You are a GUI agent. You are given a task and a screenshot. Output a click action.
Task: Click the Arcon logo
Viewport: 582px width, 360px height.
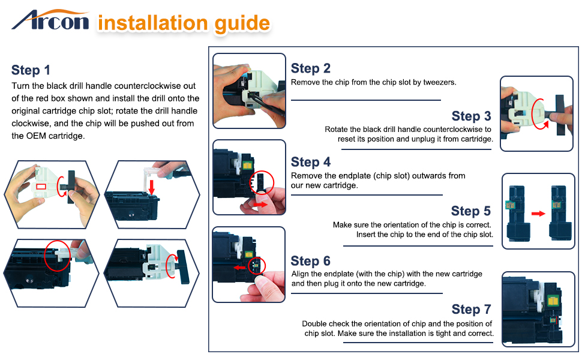[x=50, y=20]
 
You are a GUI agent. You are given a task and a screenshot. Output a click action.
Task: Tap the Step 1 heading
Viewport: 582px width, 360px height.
[x=31, y=70]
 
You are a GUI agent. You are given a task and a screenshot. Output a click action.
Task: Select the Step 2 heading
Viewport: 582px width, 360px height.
[x=310, y=68]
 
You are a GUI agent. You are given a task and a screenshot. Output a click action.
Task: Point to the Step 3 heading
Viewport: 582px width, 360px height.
[x=471, y=116]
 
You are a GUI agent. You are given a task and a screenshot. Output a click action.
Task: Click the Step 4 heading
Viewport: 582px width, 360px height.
[x=310, y=162]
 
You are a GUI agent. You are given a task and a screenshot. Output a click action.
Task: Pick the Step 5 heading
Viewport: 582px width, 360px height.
[x=470, y=211]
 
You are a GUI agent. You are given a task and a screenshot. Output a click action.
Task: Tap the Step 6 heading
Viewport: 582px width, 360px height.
[x=310, y=261]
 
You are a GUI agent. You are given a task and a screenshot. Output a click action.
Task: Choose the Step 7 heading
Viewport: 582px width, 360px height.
[x=471, y=309]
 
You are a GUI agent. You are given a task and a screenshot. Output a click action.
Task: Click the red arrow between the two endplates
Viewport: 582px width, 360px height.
[x=538, y=214]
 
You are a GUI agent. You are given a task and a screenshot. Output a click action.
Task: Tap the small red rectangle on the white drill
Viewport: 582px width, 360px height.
[x=41, y=187]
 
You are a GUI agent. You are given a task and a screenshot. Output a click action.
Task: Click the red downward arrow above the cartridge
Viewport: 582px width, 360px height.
[x=151, y=187]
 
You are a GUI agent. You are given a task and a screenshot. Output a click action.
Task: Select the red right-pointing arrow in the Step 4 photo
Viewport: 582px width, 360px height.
[x=260, y=205]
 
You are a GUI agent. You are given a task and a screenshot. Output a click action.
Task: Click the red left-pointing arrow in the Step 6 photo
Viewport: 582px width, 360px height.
[x=239, y=268]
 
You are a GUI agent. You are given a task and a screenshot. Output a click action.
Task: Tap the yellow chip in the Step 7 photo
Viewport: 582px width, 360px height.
[x=553, y=300]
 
